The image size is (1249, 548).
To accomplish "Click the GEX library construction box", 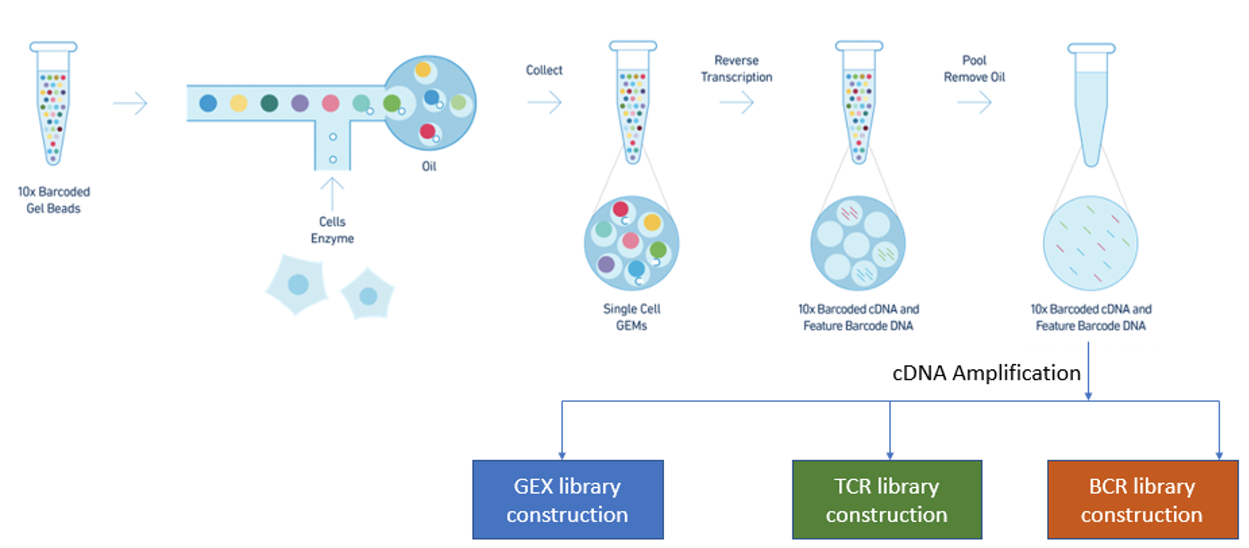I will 568,499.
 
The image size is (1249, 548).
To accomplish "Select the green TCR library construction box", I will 887,499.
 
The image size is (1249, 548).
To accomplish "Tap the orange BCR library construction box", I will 1142,499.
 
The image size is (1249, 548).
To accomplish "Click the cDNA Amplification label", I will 986,373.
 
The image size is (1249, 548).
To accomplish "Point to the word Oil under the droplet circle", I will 429,166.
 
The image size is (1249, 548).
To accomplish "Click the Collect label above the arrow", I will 544,70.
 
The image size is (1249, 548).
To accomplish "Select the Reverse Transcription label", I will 736,68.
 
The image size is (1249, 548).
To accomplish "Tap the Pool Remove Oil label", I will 974,68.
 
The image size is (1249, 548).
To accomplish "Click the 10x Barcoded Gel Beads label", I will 53,200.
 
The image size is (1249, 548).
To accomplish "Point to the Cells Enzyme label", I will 332,230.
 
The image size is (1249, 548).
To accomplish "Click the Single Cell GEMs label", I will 631,317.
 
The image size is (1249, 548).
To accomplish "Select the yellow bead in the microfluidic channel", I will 238,103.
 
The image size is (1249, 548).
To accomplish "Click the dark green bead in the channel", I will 269,103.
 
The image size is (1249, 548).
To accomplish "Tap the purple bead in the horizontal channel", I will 300,103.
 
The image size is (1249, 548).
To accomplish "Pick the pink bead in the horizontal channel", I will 331,103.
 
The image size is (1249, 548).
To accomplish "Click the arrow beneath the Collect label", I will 545,103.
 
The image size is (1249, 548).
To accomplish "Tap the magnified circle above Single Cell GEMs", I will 631,243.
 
